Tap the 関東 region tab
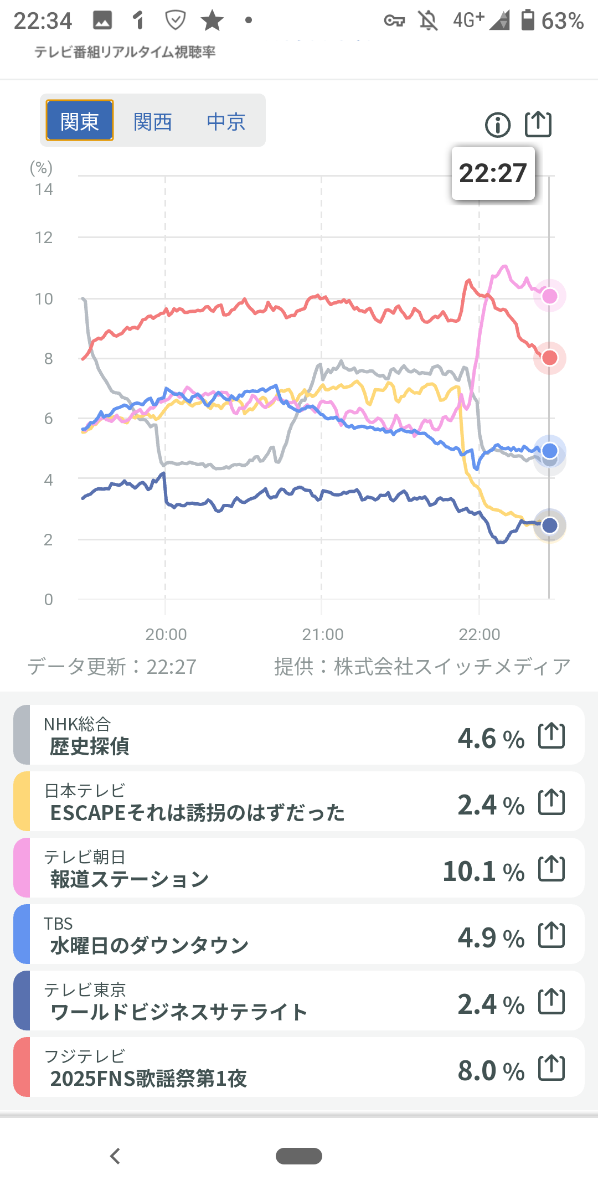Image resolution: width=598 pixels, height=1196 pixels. tap(80, 121)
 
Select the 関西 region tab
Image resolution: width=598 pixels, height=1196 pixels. tap(153, 121)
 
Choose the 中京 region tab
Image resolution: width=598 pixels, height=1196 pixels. tap(226, 121)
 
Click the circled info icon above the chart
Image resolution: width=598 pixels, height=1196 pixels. tap(497, 125)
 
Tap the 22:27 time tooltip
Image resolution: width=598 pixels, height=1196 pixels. tap(493, 173)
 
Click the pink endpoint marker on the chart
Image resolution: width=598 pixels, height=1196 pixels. tap(549, 296)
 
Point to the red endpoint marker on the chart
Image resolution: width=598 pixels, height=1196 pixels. tap(549, 358)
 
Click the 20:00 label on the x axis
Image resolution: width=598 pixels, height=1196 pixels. tap(166, 634)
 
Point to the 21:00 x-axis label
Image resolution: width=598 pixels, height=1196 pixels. tap(322, 634)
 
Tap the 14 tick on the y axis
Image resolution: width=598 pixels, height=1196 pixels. tap(44, 189)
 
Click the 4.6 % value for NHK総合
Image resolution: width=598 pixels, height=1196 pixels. tap(491, 738)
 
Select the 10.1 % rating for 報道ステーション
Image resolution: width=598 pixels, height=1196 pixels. tap(483, 871)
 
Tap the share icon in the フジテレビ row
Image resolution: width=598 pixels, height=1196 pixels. tap(551, 1068)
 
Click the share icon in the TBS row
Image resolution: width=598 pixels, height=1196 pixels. tap(551, 935)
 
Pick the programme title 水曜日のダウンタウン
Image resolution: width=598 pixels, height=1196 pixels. tap(149, 945)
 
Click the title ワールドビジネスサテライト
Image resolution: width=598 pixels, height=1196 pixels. tap(178, 1012)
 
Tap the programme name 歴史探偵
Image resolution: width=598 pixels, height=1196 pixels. tap(89, 746)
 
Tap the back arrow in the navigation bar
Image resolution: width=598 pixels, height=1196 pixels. tap(115, 1156)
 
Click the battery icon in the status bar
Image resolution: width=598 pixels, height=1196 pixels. tap(528, 20)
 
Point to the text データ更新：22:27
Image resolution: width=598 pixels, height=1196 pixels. tap(112, 667)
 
